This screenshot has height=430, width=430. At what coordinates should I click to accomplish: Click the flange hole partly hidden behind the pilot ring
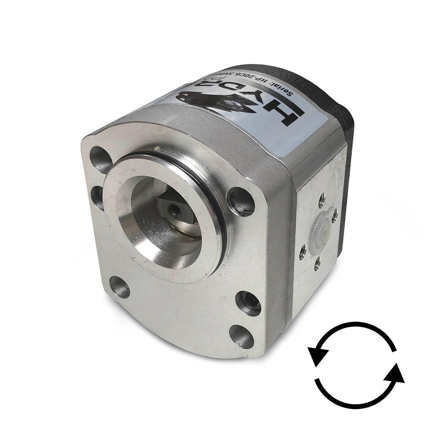pyautogui.click(x=98, y=196)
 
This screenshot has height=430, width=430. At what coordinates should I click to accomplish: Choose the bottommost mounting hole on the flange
pyautogui.click(x=241, y=336)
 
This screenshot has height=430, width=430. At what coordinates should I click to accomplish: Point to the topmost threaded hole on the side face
pyautogui.click(x=321, y=199)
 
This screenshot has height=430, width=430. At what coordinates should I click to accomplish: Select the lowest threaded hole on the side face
pyautogui.click(x=317, y=263)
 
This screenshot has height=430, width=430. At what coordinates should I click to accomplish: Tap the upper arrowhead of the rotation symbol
pyautogui.click(x=317, y=356)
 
